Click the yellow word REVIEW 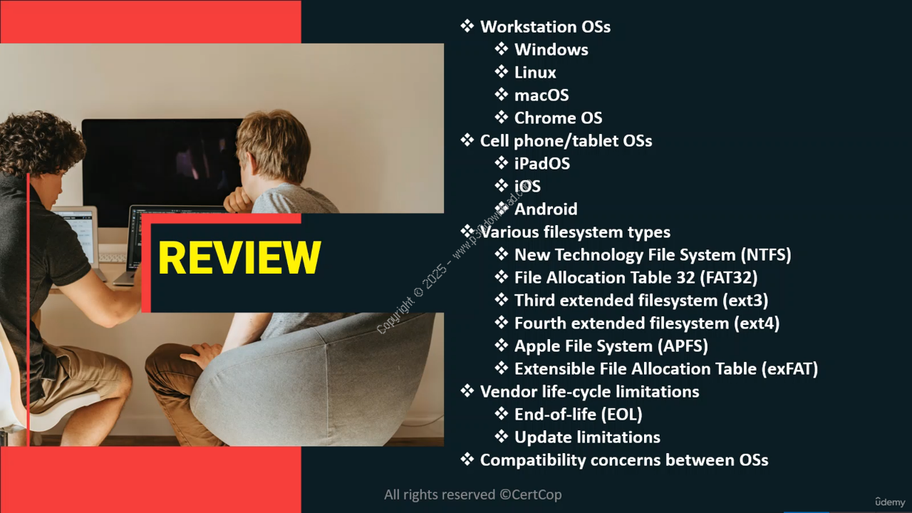tap(239, 258)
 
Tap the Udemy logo tap(890, 502)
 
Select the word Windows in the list tap(551, 50)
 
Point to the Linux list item tap(535, 73)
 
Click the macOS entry tap(541, 95)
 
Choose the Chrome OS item tap(558, 118)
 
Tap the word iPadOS tap(542, 164)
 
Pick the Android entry tap(546, 209)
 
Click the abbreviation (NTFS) tap(766, 255)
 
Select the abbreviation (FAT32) tap(729, 278)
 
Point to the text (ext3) tap(745, 301)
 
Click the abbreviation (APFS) tap(683, 346)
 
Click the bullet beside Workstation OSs tap(467, 26)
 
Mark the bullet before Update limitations tap(501, 437)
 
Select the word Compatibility tap(532, 460)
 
